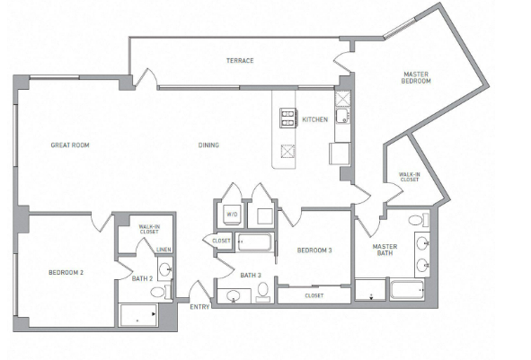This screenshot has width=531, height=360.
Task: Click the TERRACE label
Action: tap(240, 60)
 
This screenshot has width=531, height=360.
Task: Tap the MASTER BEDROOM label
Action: tap(416, 77)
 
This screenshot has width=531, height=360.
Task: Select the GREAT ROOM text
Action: tap(70, 145)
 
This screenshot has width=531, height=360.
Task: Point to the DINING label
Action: tap(208, 145)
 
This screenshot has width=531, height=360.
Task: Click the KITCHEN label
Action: tap(315, 119)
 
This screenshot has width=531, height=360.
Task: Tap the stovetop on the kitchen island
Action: tap(288, 118)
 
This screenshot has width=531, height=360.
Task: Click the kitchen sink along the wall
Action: tap(342, 116)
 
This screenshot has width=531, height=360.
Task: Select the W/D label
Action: tap(233, 215)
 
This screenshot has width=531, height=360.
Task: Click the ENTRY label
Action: tap(199, 307)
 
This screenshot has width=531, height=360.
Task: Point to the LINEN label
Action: tap(164, 250)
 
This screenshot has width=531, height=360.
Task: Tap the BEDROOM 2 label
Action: tap(66, 272)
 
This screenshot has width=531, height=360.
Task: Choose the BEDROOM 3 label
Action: tap(314, 250)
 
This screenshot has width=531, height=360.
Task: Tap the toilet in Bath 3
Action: tap(263, 292)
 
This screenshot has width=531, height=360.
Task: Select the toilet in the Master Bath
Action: tap(419, 220)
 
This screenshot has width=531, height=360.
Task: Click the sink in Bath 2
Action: tap(166, 269)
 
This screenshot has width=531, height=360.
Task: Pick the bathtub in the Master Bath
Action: tap(407, 290)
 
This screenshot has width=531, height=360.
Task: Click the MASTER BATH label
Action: tap(385, 250)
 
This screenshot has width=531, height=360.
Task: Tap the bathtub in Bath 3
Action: tap(254, 242)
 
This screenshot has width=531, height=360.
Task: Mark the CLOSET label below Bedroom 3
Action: tap(314, 295)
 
